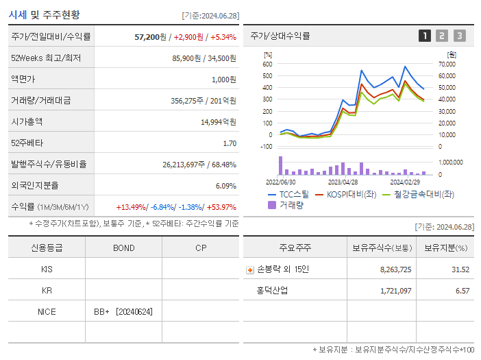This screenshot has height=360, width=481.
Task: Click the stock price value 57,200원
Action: point(151,36)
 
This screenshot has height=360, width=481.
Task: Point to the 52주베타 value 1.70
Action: point(230,143)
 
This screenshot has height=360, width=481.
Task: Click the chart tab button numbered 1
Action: point(425,36)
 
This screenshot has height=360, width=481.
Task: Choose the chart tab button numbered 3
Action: point(459,36)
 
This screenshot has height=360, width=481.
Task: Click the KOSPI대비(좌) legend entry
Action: point(348,195)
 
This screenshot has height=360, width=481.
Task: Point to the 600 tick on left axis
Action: point(267,64)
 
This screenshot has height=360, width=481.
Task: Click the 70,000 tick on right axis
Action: point(447,64)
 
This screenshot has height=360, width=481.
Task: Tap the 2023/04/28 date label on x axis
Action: point(343,182)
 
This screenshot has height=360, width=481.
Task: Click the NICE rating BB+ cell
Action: point(123,311)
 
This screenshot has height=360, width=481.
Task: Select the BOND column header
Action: point(123,248)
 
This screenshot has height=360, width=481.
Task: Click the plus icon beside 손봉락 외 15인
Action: point(250,269)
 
